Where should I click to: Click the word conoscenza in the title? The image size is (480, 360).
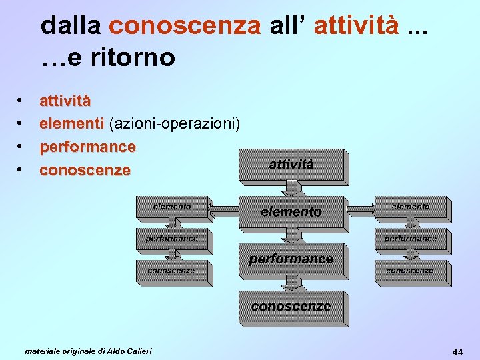tap(185, 25)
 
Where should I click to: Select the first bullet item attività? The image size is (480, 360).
tap(65, 101)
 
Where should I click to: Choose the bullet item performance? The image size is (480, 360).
tap(87, 146)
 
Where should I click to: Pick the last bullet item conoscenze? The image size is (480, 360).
tap(85, 170)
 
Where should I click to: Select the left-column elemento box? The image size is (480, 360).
tap(171, 207)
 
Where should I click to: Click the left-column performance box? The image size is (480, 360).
tap(171, 238)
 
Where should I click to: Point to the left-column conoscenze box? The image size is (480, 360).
tap(171, 270)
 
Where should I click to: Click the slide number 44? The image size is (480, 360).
tap(457, 351)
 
